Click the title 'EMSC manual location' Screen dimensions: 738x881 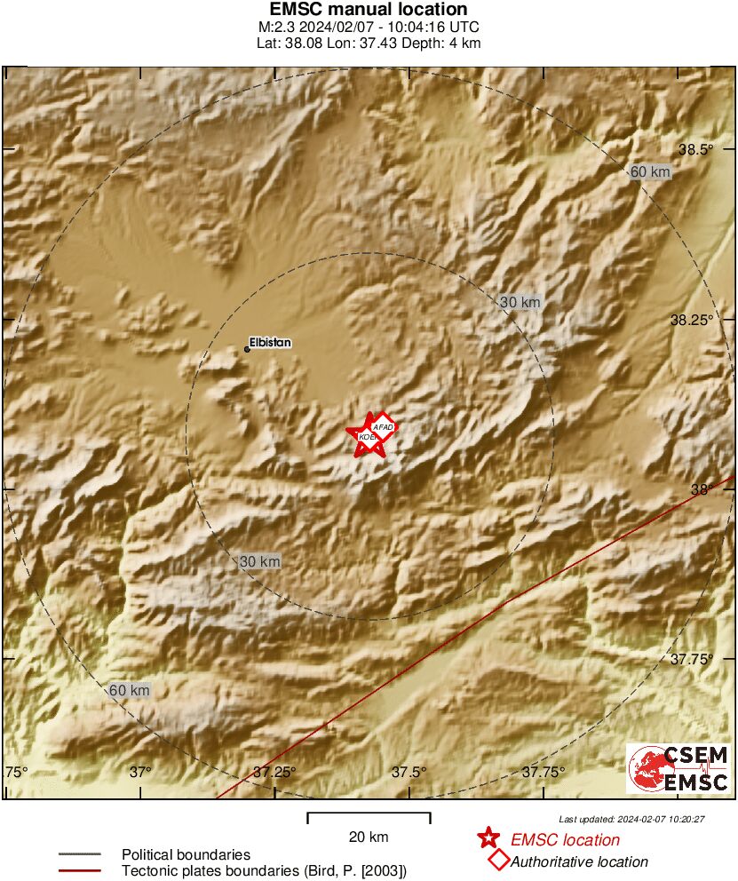click(x=368, y=10)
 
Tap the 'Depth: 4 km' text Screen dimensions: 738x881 click(x=444, y=43)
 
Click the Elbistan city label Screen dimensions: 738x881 click(x=271, y=342)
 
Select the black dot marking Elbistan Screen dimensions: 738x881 click(x=247, y=349)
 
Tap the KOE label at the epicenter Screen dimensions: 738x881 click(x=365, y=437)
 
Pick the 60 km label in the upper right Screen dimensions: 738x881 click(x=649, y=171)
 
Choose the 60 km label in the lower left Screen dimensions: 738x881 click(x=130, y=690)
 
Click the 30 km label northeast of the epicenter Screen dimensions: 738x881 click(x=520, y=303)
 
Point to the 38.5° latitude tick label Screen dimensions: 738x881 click(x=696, y=149)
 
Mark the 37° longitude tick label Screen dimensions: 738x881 click(x=141, y=771)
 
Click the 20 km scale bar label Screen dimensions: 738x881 click(x=369, y=837)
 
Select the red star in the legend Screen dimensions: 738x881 click(x=488, y=837)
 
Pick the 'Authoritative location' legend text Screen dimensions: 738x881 click(x=579, y=861)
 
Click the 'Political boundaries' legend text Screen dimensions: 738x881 click(x=186, y=854)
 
